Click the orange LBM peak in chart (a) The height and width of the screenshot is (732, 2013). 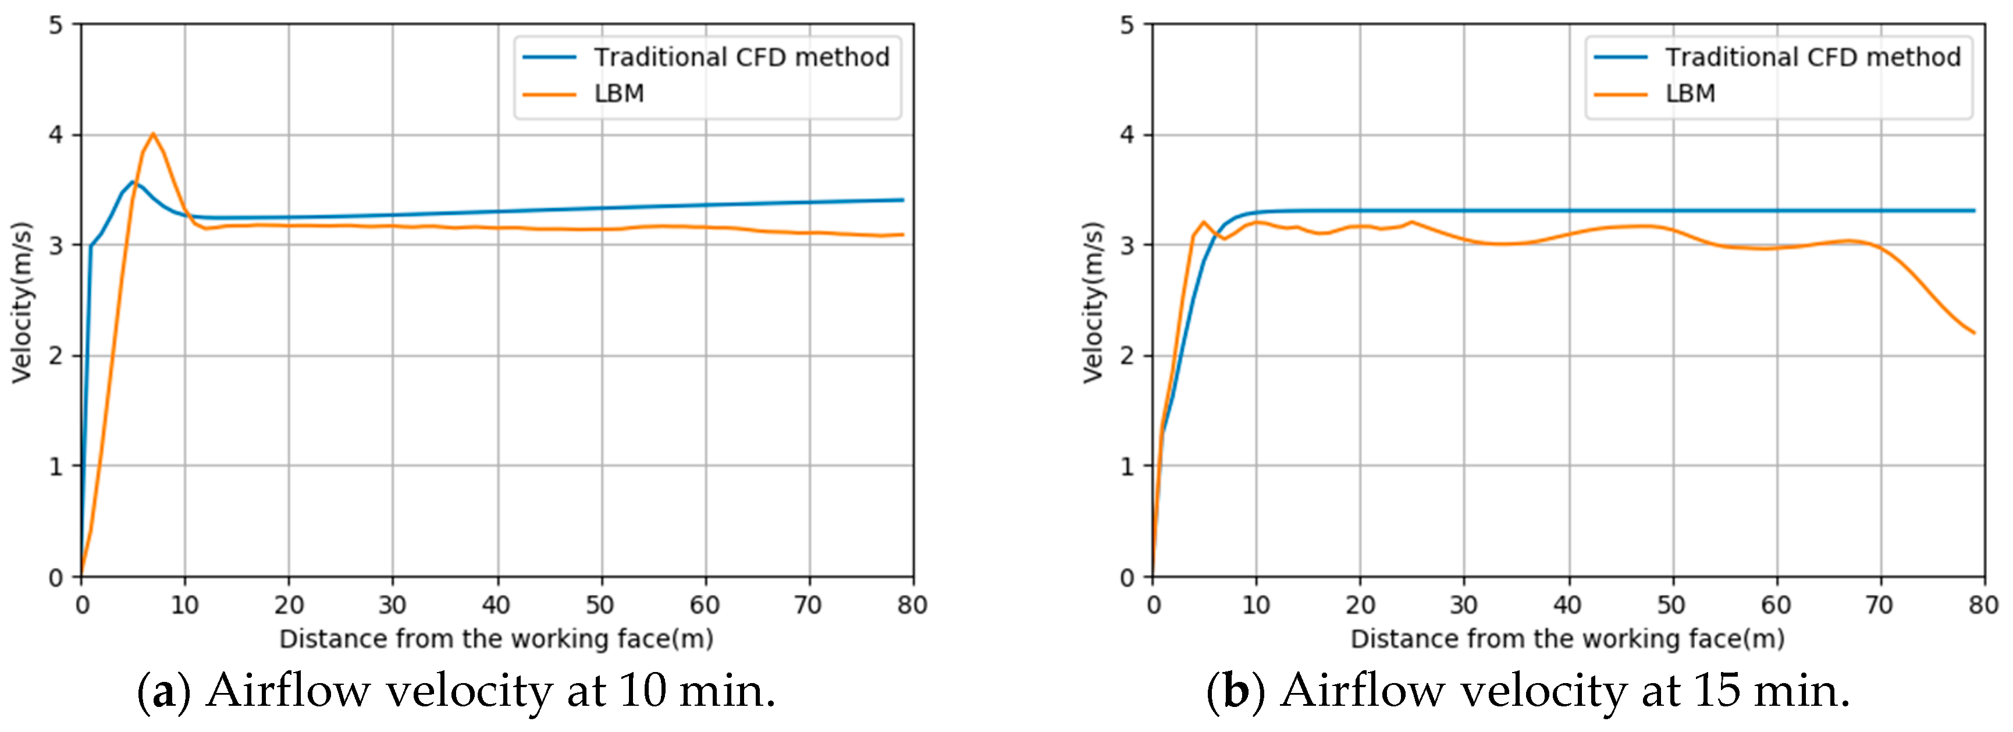click(x=153, y=134)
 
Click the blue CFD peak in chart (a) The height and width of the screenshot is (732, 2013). click(x=133, y=182)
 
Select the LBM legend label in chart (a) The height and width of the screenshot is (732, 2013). click(x=619, y=94)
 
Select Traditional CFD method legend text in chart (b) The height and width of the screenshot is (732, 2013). click(x=1812, y=57)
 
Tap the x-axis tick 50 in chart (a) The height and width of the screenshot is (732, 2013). click(x=600, y=604)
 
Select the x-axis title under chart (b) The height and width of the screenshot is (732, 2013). click(x=1567, y=639)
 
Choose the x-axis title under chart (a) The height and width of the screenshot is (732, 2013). click(x=496, y=639)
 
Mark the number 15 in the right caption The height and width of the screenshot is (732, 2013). click(x=1717, y=691)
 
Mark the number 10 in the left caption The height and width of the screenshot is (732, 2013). click(x=645, y=691)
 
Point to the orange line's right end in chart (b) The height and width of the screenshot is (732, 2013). click(x=1974, y=333)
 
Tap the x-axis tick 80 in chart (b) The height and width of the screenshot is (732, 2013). click(x=1983, y=604)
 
